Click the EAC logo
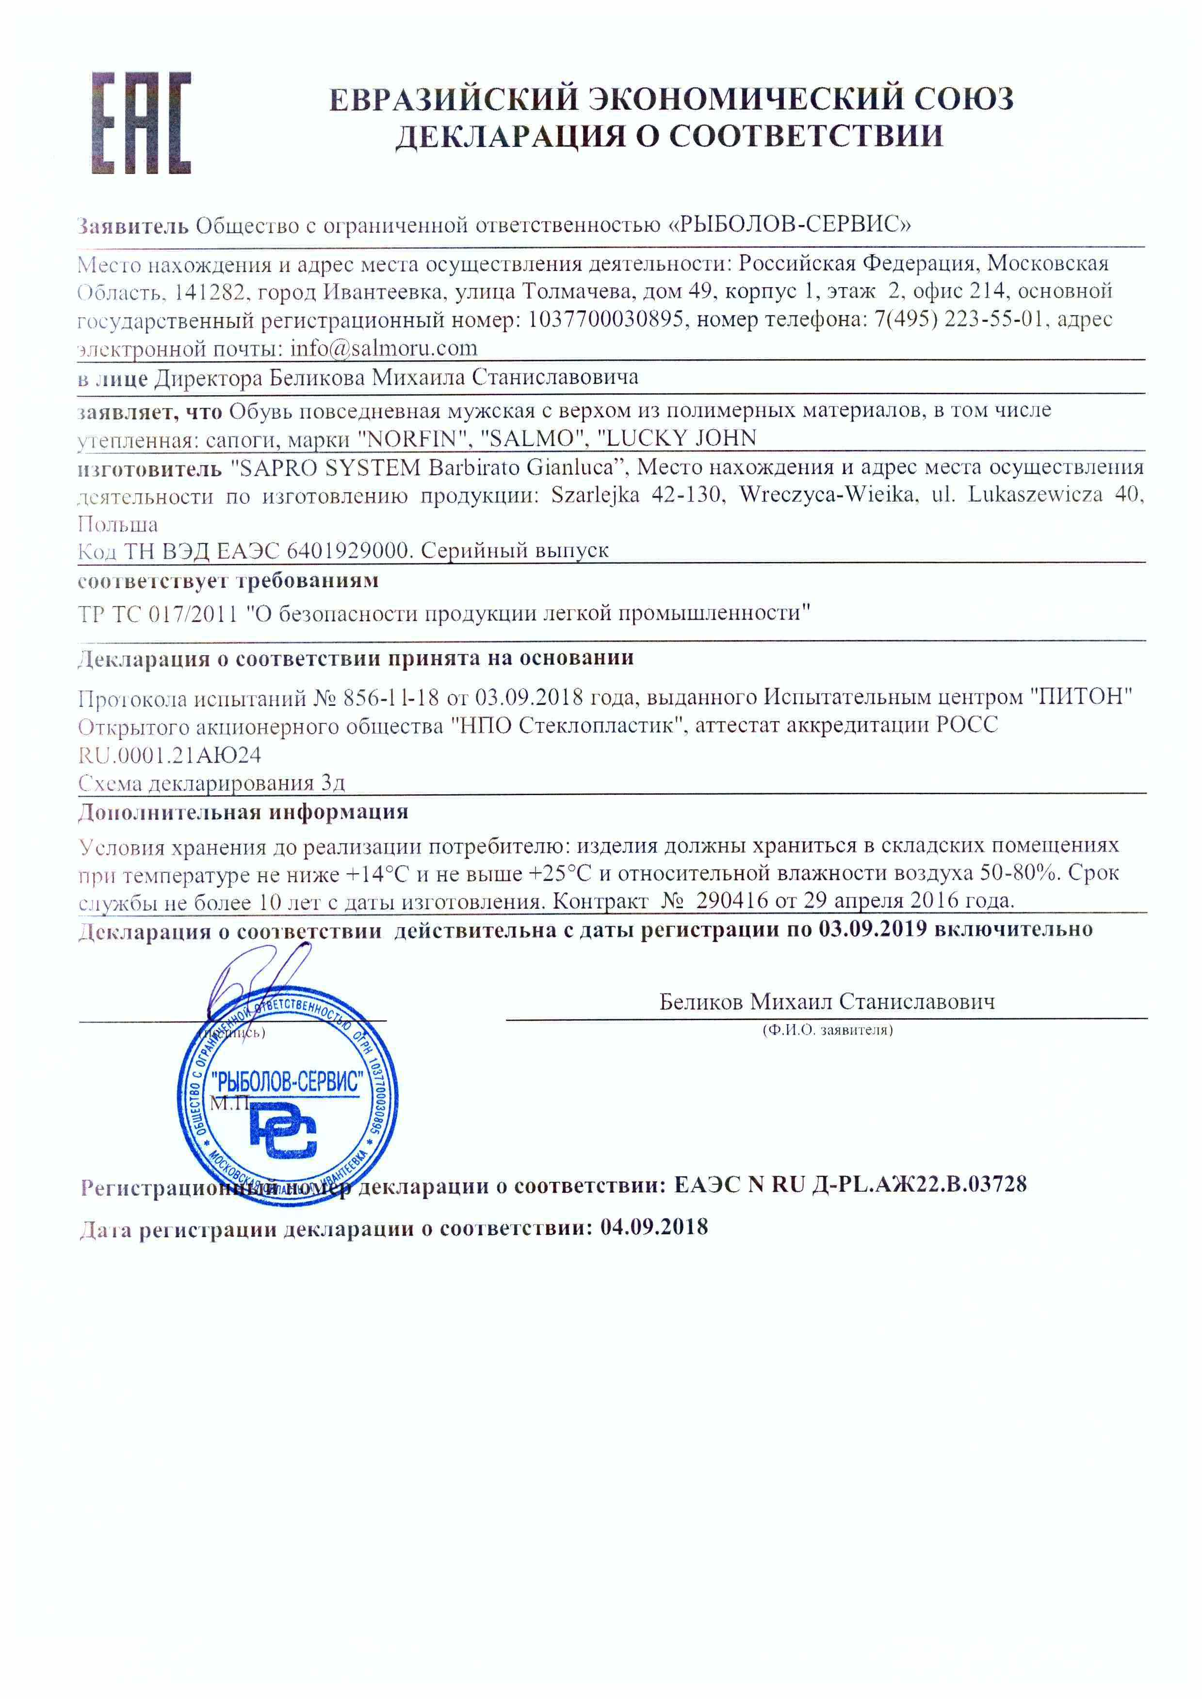pyautogui.click(x=141, y=123)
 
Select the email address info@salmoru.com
pyautogui.click(x=383, y=348)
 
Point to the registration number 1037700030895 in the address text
pyautogui.click(x=605, y=320)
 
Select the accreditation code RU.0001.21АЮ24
pyautogui.click(x=169, y=755)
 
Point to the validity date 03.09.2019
pyautogui.click(x=872, y=930)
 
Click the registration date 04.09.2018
pyautogui.click(x=653, y=1228)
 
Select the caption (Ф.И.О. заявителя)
pyautogui.click(x=828, y=1030)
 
